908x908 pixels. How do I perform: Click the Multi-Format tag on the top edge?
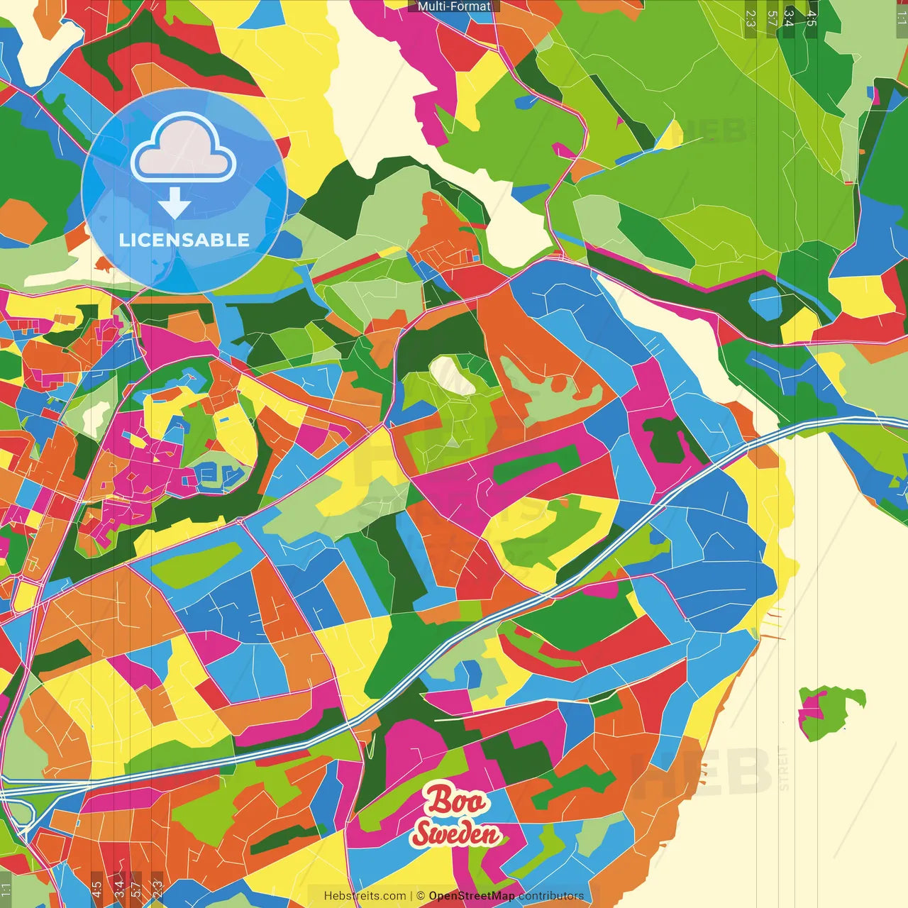coord(454,6)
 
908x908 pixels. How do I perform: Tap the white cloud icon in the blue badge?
coord(183,150)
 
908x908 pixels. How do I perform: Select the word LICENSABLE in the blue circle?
coord(184,240)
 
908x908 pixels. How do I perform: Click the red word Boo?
coord(456,801)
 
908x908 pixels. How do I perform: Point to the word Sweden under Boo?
coord(456,834)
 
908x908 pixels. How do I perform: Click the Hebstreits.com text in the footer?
coord(365,896)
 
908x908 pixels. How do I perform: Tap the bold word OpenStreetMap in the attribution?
coord(471,896)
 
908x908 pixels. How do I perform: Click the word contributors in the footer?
coord(551,896)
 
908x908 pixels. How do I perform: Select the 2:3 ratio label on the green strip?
coord(751,18)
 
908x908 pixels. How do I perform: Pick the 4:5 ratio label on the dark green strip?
coord(812,18)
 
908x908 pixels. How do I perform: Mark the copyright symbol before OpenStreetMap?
coord(421,896)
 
